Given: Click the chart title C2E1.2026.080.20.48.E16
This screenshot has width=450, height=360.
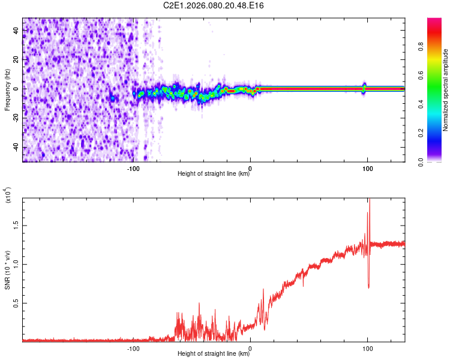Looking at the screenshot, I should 214,5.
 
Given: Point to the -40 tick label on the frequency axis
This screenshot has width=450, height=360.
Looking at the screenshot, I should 16,148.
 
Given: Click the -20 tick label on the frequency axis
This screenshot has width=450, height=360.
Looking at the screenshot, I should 16,118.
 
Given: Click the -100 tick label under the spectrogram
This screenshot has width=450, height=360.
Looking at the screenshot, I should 133,168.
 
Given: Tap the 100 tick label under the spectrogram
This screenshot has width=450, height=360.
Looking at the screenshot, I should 367,168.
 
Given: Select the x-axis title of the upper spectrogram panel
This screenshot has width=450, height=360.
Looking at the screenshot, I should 214,174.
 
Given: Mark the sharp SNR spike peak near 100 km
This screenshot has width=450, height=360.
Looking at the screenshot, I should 369,200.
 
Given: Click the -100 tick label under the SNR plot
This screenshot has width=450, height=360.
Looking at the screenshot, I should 133,348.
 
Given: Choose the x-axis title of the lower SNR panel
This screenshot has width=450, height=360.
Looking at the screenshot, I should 214,354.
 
